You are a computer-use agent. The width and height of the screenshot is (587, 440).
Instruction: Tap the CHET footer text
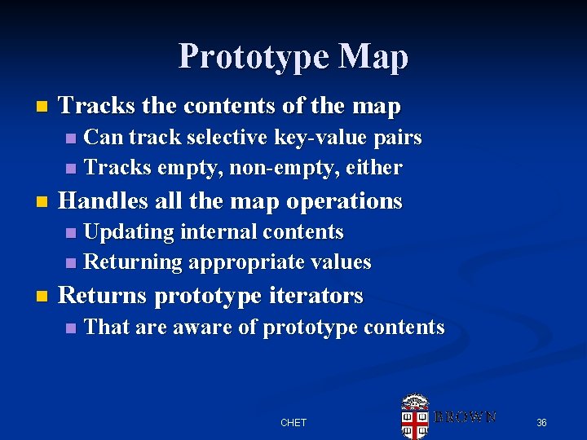coord(293,422)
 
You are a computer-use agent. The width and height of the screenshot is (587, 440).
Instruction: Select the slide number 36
coord(541,422)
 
